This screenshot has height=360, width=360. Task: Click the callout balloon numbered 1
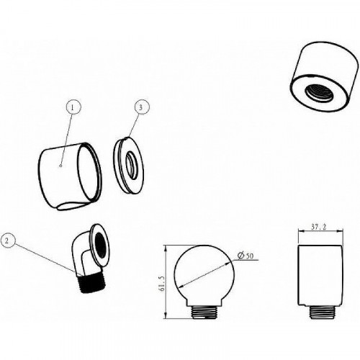pos(73,108)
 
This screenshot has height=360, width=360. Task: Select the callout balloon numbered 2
pos(7,240)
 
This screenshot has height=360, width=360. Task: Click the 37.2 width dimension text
pos(319,227)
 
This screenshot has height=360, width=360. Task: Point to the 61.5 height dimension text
pos(162,284)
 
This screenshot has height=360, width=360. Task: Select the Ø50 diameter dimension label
pos(245,256)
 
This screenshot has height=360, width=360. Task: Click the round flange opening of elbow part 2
pos(101,245)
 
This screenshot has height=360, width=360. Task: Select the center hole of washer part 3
pos(132,166)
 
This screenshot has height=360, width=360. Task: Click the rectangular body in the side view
pos(320,276)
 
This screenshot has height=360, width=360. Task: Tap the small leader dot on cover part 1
pos(60,166)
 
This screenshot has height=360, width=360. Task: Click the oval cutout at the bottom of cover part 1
pos(72,206)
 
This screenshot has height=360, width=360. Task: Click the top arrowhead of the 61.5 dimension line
pos(166,248)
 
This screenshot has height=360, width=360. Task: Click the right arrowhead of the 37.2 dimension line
pos(340,231)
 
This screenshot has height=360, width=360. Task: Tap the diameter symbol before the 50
pos(240,256)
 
